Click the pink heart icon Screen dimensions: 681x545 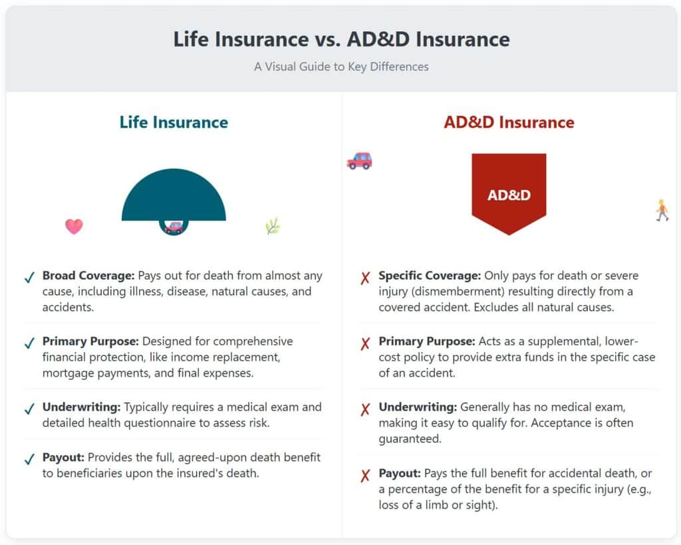coord(74,226)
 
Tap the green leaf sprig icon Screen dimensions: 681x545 coord(273,226)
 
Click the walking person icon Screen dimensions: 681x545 coord(662,211)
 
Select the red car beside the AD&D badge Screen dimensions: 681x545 coord(359,161)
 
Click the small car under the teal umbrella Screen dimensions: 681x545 coord(174,228)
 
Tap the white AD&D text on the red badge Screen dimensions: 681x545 coord(509,195)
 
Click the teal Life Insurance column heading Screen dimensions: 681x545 coord(174,122)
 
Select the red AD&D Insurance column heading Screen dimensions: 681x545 coord(509,122)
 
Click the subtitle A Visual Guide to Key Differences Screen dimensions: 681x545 coord(341,67)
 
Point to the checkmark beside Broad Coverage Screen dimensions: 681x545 coord(29,277)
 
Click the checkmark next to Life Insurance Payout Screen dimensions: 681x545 coord(29,459)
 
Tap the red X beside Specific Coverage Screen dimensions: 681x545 coord(365,277)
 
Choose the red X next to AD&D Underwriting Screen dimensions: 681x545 coord(365,409)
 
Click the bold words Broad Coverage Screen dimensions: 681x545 coord(88,275)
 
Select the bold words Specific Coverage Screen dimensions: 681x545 coord(430,275)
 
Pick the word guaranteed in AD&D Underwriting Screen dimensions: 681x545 coord(410,439)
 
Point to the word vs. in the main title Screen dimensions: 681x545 coord(327,39)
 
